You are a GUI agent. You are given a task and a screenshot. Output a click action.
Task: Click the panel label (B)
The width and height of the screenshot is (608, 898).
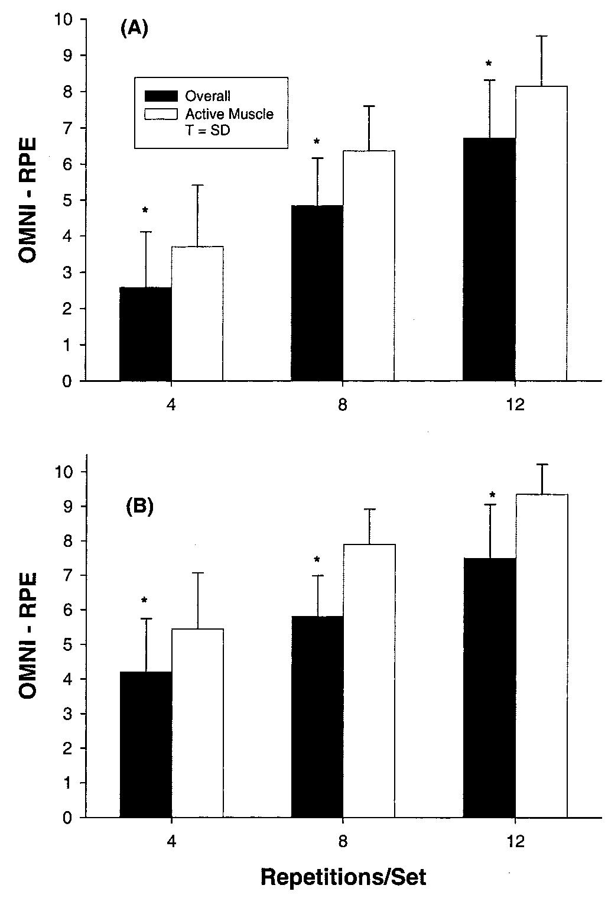coord(140,507)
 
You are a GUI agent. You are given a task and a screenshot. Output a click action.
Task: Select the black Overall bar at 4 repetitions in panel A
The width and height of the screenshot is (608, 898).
coord(145,334)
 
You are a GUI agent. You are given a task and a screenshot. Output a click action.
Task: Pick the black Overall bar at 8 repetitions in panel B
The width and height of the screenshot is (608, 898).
coord(317,717)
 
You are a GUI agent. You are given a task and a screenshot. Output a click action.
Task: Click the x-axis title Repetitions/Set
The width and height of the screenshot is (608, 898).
coord(343,877)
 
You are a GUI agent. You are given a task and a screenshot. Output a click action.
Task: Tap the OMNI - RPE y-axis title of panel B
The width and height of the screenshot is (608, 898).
coord(27,636)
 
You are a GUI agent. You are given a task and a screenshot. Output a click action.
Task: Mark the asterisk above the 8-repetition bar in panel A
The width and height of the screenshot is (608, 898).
coord(317,142)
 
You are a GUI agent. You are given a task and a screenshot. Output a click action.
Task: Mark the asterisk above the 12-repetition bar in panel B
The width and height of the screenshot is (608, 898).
coord(491,495)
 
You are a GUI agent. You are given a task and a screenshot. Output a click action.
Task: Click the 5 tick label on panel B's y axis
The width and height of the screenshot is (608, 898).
coord(67,644)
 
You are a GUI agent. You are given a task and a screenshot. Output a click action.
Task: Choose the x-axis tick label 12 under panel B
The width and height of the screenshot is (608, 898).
coord(515,842)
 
